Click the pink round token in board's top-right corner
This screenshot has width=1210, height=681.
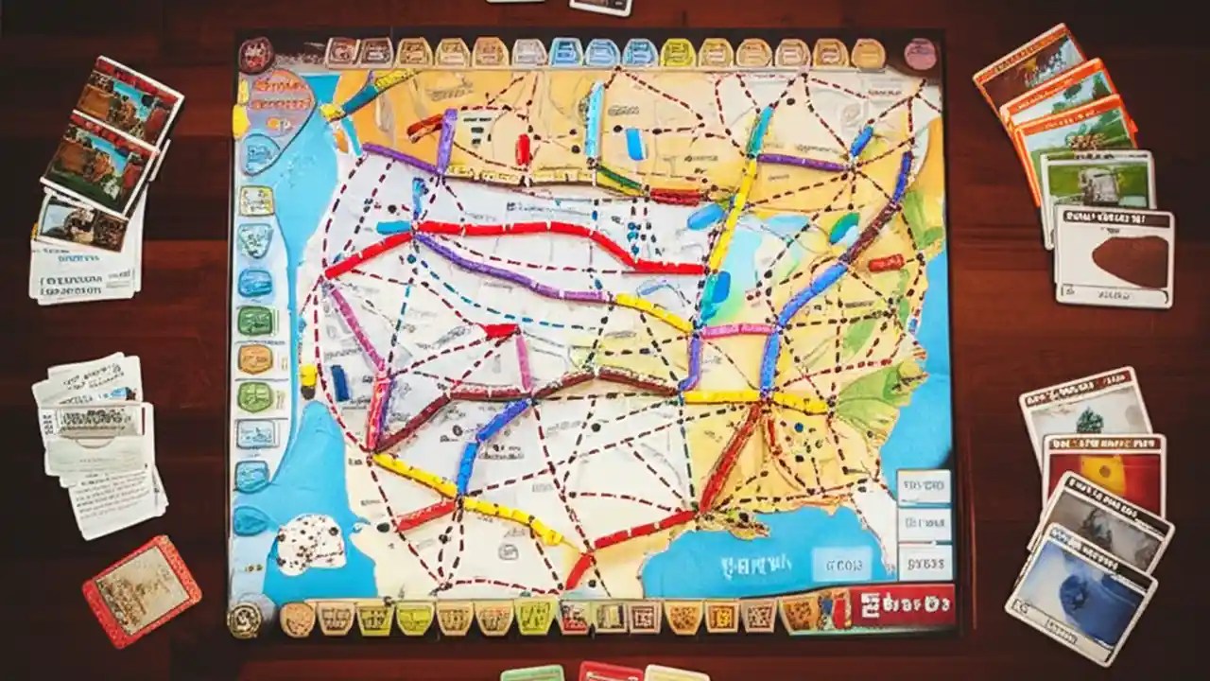pyautogui.click(x=920, y=54)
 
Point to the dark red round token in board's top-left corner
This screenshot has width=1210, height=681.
pyautogui.click(x=255, y=53)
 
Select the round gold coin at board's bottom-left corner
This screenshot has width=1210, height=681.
pyautogui.click(x=244, y=619)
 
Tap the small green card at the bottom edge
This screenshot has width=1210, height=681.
pyautogui.click(x=532, y=673)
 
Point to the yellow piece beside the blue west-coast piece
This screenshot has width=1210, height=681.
pyautogui.click(x=308, y=377)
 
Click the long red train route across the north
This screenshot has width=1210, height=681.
pyautogui.click(x=529, y=232)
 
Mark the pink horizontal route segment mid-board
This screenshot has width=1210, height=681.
pyautogui.click(x=737, y=330)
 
